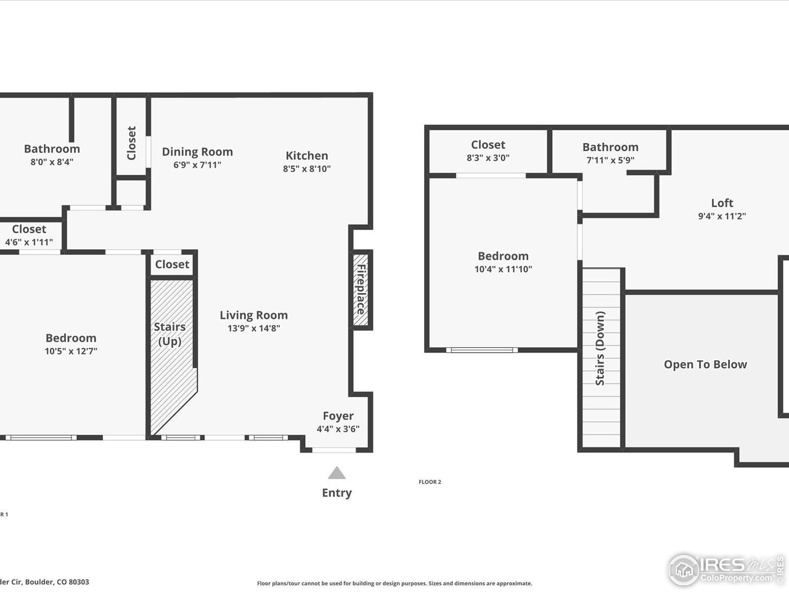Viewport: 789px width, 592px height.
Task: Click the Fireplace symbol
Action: coord(361,289)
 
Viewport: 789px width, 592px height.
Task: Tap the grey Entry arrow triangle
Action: coord(337,473)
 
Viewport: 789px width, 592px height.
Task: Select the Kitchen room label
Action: coord(306,155)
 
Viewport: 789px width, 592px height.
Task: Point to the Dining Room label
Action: coord(197,152)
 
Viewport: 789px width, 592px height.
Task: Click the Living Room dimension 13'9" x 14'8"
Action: coord(254,328)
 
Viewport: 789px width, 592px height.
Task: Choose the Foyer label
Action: coord(338,416)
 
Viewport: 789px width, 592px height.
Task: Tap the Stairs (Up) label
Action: coord(170,334)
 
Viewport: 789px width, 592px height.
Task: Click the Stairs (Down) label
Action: coord(600,348)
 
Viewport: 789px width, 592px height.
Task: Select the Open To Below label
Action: coord(705,364)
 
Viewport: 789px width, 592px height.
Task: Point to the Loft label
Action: coord(722,203)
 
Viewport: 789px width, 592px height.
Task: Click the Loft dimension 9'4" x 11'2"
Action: coord(722,216)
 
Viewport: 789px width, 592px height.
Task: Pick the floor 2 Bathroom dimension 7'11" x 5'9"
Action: coord(610,160)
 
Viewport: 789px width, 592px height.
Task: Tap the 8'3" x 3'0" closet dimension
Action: coord(488,157)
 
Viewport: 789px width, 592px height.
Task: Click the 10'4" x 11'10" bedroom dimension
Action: coord(503,269)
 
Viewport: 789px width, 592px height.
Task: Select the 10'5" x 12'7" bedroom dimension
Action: coord(71,351)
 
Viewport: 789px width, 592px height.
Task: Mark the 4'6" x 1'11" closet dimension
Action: coord(29,242)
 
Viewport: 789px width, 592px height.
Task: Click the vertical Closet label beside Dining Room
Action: coord(131,143)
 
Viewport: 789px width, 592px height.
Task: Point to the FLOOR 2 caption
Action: coord(430,482)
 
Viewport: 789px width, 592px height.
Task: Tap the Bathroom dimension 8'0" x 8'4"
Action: coord(52,162)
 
